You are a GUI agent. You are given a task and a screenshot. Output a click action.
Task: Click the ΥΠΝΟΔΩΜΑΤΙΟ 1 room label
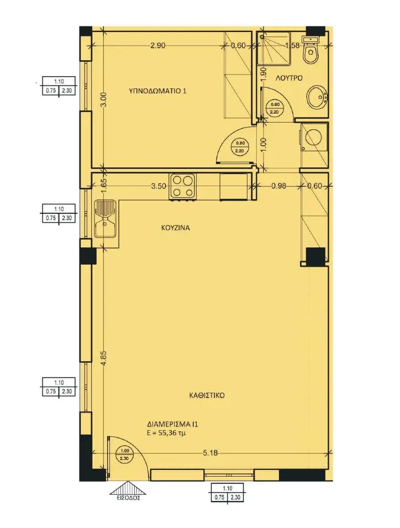[x=157, y=91]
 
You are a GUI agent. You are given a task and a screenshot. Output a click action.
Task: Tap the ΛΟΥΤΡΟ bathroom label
[x=289, y=78]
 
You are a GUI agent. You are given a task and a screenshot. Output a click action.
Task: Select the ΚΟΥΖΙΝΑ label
[x=175, y=228]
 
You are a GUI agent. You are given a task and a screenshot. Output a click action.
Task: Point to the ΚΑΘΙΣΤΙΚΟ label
[x=207, y=395]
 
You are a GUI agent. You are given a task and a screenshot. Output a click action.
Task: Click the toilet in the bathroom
[x=310, y=51]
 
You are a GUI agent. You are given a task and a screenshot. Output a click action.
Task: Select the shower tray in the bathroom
[x=273, y=48]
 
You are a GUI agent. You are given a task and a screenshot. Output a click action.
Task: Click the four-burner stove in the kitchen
[x=183, y=187]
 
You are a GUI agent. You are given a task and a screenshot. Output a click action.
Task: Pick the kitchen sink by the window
[x=106, y=219]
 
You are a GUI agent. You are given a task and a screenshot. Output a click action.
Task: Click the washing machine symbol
[x=314, y=137]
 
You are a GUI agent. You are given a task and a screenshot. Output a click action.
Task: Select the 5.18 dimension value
[x=210, y=453]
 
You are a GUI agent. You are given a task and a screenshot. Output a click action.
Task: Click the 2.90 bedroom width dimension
[x=157, y=45]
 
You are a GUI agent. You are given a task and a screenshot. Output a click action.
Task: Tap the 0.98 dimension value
[x=278, y=186]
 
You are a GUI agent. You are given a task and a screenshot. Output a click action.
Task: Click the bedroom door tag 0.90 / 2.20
[x=240, y=146]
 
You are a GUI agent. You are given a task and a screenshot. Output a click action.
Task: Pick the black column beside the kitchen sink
[x=88, y=256]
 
